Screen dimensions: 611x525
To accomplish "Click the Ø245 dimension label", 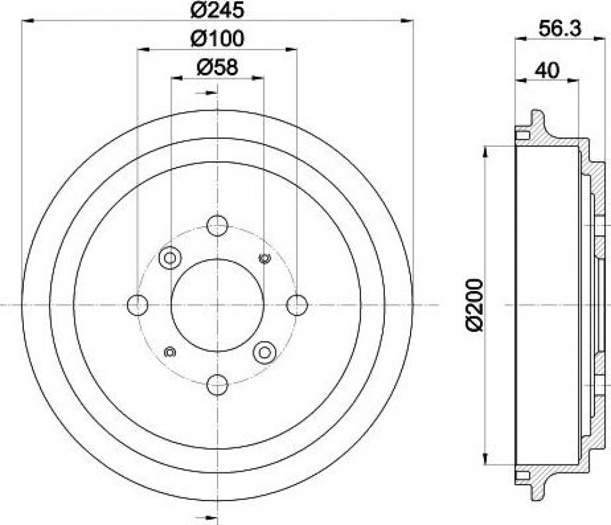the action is click(217, 10).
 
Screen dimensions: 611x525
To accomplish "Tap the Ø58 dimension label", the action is click(217, 67).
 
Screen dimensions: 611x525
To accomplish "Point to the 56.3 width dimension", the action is click(560, 29).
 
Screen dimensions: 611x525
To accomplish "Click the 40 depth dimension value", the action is click(546, 70).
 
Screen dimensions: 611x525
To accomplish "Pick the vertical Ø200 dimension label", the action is click(475, 305).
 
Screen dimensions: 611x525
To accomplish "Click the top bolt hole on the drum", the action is click(217, 225).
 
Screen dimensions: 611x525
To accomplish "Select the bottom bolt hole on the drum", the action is click(217, 384).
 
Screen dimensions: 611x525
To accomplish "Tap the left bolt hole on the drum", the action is click(137, 305).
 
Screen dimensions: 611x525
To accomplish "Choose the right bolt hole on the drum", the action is click(297, 305).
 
